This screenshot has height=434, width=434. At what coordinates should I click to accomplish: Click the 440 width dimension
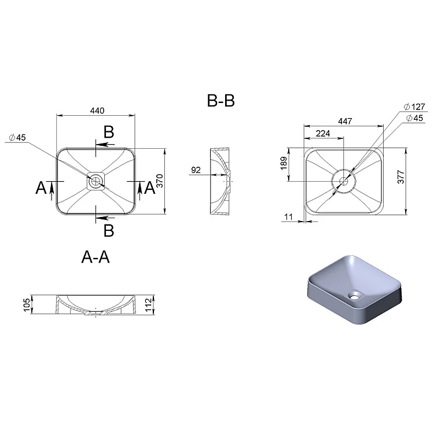pos(97,111)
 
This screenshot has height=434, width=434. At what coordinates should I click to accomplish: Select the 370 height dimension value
pos(160,181)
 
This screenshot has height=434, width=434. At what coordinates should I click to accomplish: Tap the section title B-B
pos(221,101)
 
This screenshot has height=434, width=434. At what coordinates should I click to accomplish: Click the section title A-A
pos(95,257)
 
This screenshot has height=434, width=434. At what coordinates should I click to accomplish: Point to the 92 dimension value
pos(196,170)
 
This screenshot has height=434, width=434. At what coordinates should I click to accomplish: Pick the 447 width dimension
pos(345,122)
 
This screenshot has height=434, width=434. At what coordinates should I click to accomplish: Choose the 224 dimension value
pos(323,134)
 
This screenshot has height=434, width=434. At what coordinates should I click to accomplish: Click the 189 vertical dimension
pos(284,163)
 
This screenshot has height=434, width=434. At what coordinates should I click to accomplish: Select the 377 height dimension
pos(401,177)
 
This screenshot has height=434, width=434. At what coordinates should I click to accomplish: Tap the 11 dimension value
pos(288,217)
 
